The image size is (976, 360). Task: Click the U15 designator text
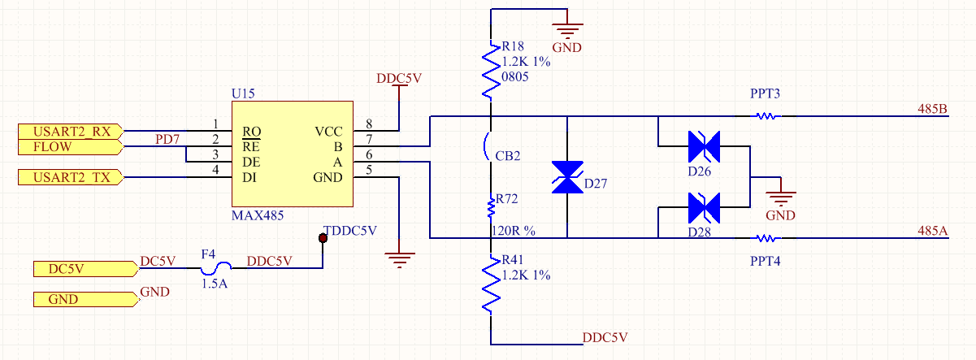coord(244,93)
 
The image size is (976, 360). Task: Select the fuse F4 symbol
coord(218,265)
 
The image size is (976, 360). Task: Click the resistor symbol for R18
coord(490,72)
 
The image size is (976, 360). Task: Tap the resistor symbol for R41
coord(490,284)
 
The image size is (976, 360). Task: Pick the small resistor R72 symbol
coord(490,210)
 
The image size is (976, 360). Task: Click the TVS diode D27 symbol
coord(566,177)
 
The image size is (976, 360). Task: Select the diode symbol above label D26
coord(704,147)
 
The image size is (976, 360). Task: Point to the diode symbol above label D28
coord(704,207)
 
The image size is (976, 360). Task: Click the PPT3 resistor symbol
coord(766,116)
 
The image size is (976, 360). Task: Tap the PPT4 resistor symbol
coord(766,238)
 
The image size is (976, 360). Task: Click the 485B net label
coord(932,109)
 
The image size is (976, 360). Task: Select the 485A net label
coord(932,231)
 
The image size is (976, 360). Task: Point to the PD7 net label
coord(169,140)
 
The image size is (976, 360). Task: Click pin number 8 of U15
coord(369,124)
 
